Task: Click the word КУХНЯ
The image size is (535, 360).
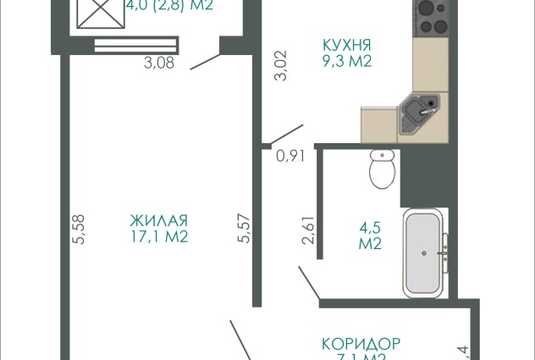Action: [x=347, y=44]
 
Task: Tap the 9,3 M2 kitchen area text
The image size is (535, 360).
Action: [x=347, y=61]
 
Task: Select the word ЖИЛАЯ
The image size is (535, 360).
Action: [x=158, y=220]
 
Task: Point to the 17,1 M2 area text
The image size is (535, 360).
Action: [x=158, y=237]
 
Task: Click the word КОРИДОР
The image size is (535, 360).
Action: [x=360, y=345]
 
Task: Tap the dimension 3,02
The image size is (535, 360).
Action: [x=282, y=66]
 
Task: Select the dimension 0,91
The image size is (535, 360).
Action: [x=290, y=155]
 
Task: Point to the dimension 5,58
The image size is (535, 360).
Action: [x=80, y=229]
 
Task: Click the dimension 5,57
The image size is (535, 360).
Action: [x=245, y=229]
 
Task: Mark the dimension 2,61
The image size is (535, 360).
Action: [x=308, y=230]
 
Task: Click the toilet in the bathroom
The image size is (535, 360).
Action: [x=383, y=169]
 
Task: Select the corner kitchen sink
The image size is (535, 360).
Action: [x=421, y=115]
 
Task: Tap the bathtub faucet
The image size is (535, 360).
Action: [x=443, y=251]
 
